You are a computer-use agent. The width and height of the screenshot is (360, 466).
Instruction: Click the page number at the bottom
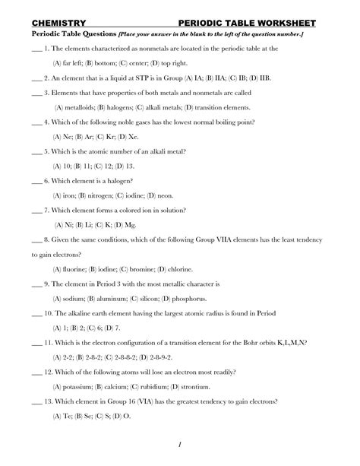[x=178, y=444]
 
